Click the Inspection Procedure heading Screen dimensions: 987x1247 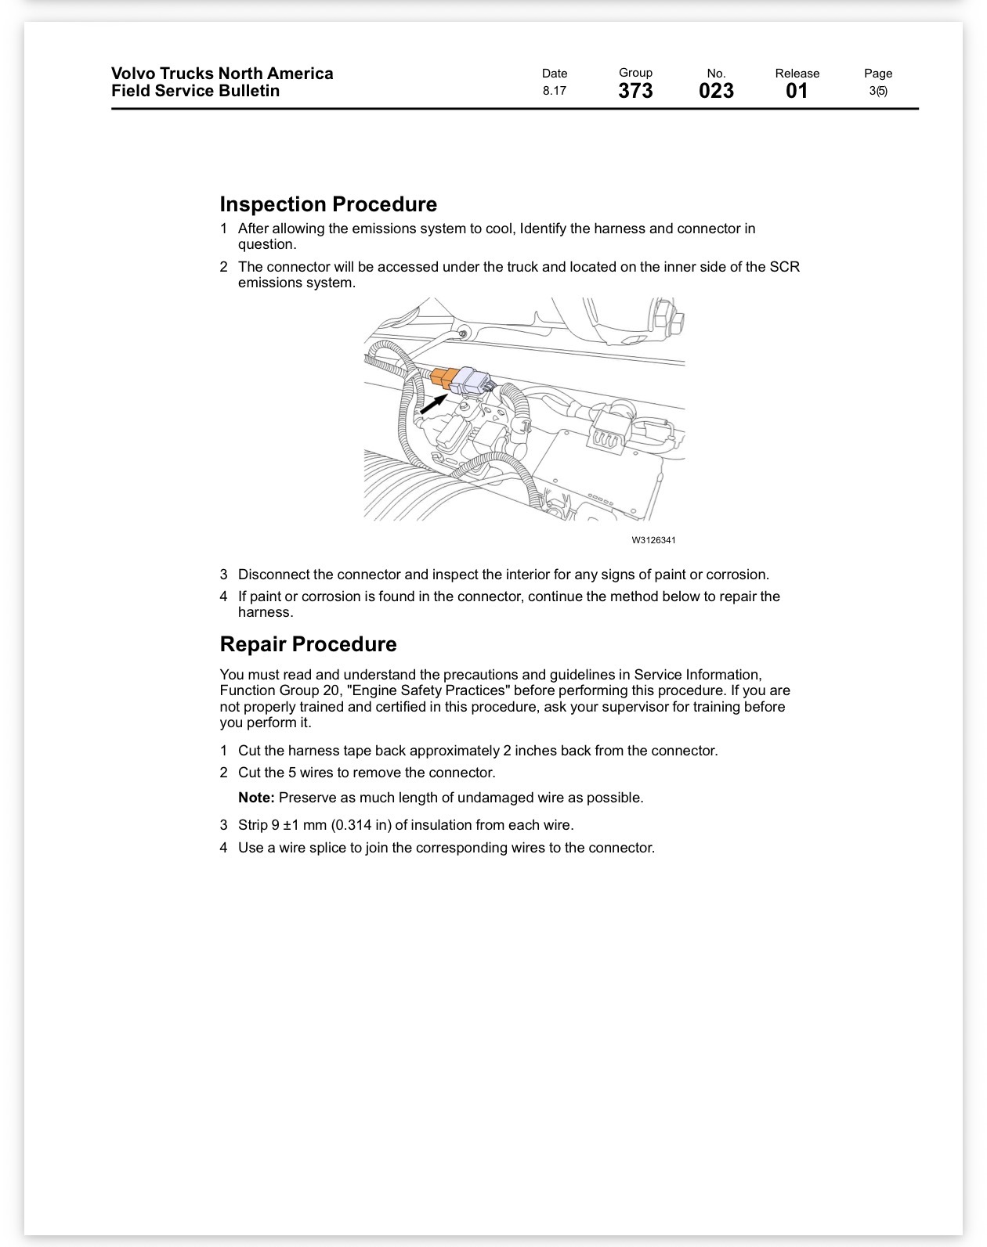[328, 204]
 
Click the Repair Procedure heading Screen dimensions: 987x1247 [308, 644]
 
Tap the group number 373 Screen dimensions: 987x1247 [635, 91]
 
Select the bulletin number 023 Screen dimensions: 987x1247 [716, 91]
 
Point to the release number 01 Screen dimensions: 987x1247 [797, 91]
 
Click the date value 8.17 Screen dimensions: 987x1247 [555, 91]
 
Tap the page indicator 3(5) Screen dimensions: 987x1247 [878, 91]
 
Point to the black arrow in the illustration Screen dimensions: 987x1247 [434, 404]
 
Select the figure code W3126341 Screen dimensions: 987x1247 [653, 540]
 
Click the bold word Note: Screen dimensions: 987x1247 [256, 798]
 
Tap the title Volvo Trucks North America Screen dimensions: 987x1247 [222, 74]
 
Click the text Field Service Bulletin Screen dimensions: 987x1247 [195, 91]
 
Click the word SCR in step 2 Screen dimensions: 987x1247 [785, 267]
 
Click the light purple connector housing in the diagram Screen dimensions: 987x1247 [472, 381]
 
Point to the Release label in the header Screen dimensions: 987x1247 [797, 74]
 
